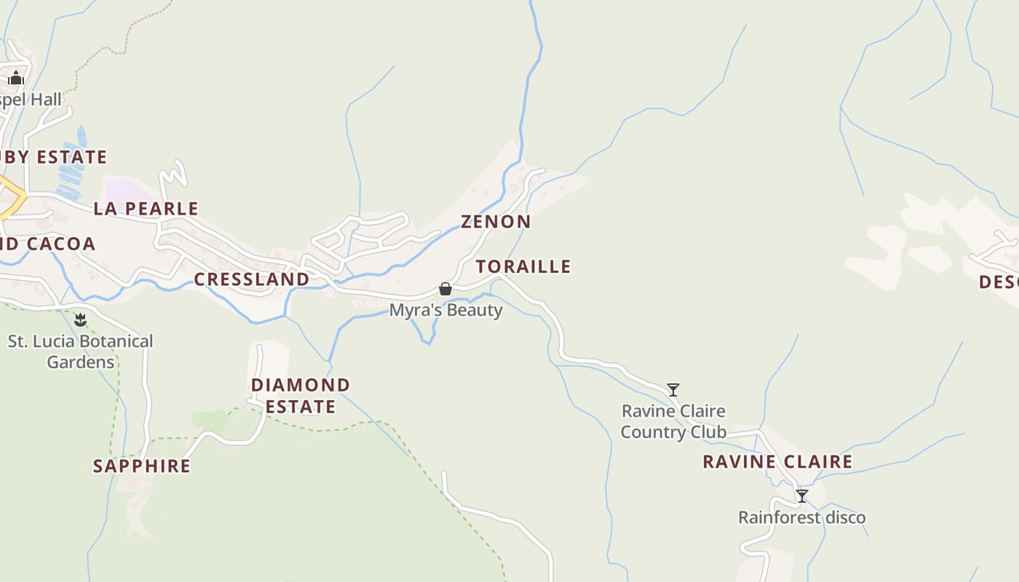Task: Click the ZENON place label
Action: point(496,221)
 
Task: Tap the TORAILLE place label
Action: point(523,266)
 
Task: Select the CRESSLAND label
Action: point(251,279)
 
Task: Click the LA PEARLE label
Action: point(146,209)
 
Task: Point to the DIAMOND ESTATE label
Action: point(300,395)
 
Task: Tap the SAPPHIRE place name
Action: point(141,466)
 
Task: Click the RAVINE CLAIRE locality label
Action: point(777,461)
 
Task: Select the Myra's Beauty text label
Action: point(445,311)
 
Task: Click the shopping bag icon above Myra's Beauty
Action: point(445,290)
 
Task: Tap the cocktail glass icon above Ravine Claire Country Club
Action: point(673,390)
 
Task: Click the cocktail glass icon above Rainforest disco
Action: point(801,496)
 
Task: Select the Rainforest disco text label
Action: point(801,518)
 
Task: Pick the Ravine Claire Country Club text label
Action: point(673,421)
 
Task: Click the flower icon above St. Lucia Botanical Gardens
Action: point(80,320)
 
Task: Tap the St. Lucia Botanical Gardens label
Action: point(80,351)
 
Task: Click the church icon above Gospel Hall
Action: point(16,78)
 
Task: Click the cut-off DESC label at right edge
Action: point(999,282)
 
